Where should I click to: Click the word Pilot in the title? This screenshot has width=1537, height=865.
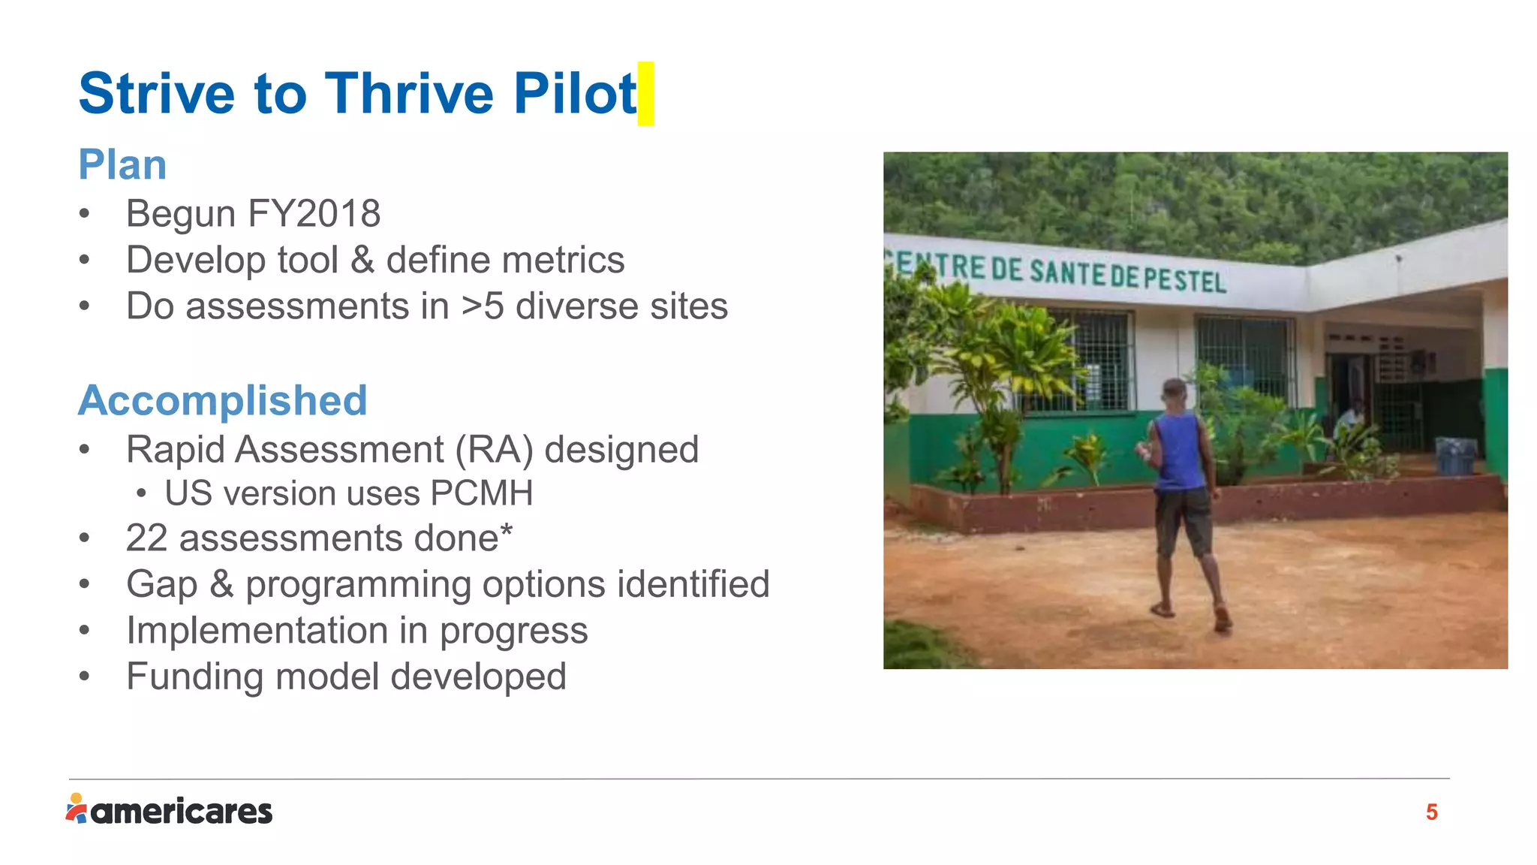(x=575, y=94)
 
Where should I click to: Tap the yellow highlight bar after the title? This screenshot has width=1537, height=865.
(x=645, y=94)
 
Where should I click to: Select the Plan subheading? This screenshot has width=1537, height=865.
(x=122, y=164)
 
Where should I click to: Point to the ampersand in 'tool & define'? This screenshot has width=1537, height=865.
(x=362, y=261)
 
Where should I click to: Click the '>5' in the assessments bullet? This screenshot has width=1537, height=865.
(x=483, y=306)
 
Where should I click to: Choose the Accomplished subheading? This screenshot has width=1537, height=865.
(x=223, y=400)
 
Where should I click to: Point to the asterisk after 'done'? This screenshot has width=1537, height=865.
(x=507, y=530)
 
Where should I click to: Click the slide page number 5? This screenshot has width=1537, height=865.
(x=1431, y=812)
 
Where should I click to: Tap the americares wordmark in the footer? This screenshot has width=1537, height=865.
(x=182, y=812)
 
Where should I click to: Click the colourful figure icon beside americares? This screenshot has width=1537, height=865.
(x=77, y=809)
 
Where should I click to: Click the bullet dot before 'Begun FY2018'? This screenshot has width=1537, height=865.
(x=85, y=215)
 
